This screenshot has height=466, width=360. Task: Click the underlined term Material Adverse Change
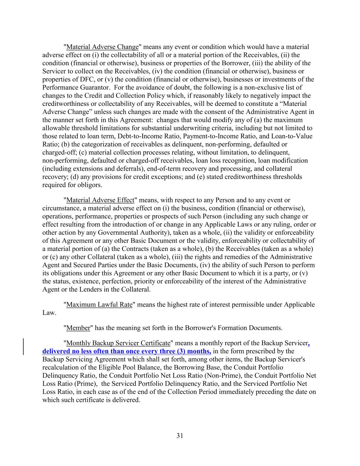point(102,47)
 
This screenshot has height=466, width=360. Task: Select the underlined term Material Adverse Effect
point(100,200)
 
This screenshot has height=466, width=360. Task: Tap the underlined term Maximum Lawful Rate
point(99,305)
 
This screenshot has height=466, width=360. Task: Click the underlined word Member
point(78,328)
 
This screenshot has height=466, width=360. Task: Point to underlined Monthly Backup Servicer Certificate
point(118,343)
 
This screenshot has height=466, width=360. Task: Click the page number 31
point(180,435)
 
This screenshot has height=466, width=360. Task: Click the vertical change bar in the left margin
point(24,347)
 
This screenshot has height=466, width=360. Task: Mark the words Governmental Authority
point(134,233)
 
